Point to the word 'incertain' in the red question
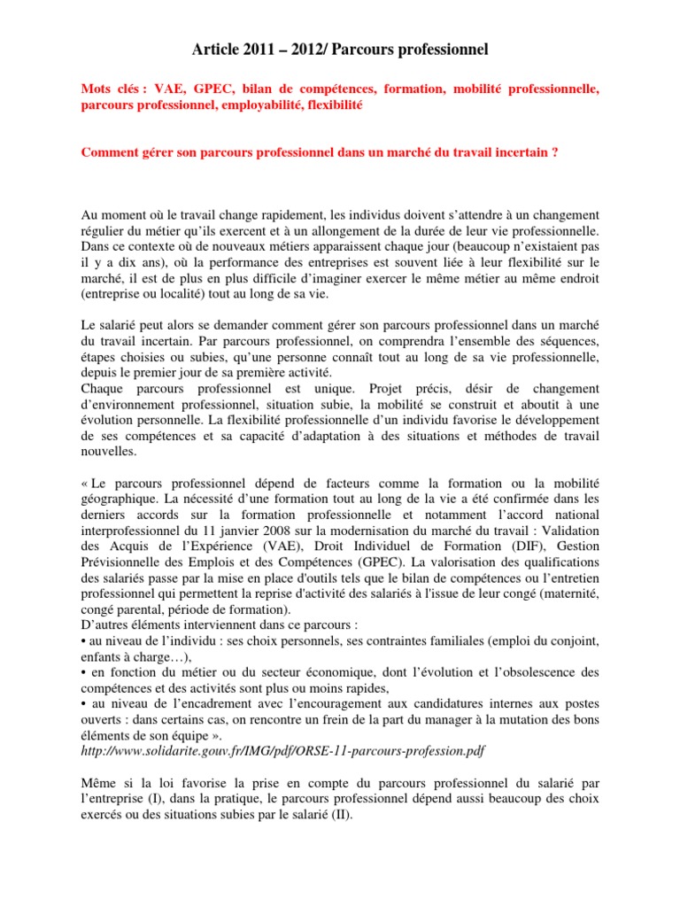coord(520,151)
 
